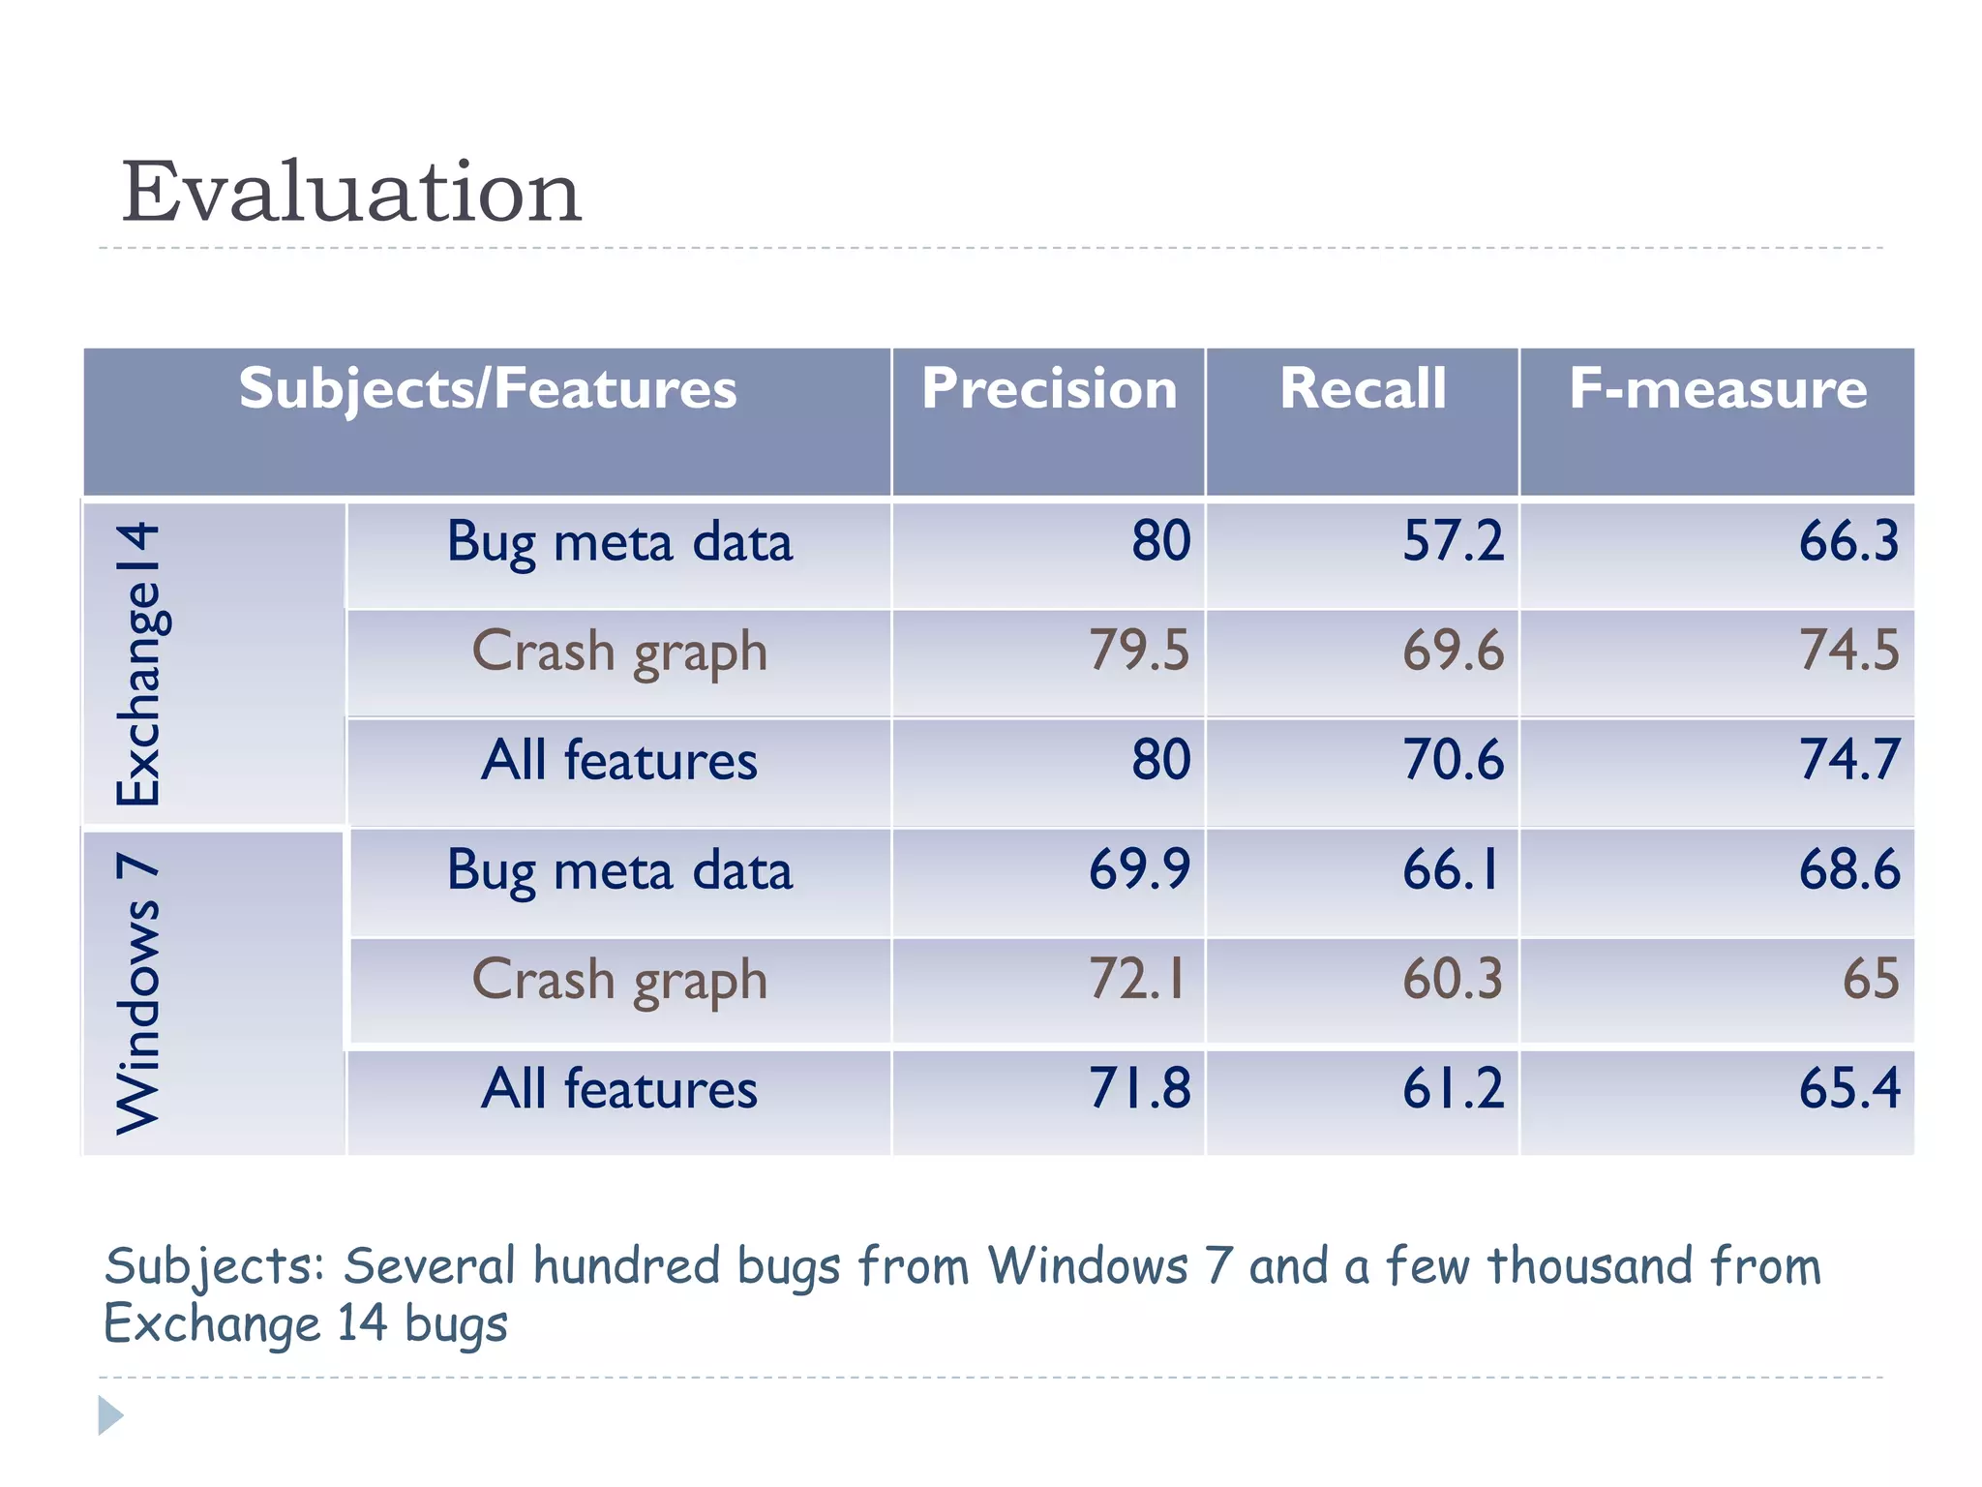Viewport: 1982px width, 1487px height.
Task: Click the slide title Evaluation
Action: pyautogui.click(x=350, y=192)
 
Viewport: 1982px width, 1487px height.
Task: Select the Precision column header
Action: pyautogui.click(x=1049, y=389)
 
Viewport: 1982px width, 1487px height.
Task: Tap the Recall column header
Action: pyautogui.click(x=1363, y=389)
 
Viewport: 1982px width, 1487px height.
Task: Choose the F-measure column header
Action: pyautogui.click(x=1718, y=389)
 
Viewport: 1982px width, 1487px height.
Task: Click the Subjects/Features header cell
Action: pyautogui.click(x=488, y=389)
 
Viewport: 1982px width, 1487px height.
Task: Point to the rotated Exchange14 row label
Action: pyautogui.click(x=138, y=664)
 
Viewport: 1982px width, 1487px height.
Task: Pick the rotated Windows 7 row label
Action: pyautogui.click(x=138, y=993)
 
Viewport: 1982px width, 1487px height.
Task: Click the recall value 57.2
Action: pyautogui.click(x=1453, y=541)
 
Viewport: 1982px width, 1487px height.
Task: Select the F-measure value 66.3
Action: pyautogui.click(x=1848, y=541)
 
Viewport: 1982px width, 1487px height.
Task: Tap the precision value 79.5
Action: pyautogui.click(x=1139, y=650)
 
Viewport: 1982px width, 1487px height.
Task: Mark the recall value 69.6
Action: pyautogui.click(x=1453, y=650)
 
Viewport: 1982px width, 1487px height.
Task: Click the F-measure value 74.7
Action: pyautogui.click(x=1848, y=759)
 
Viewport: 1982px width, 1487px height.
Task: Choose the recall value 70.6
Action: pyautogui.click(x=1453, y=759)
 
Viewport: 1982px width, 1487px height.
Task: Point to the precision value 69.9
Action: pyautogui.click(x=1139, y=868)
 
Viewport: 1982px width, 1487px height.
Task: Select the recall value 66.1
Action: pyautogui.click(x=1451, y=868)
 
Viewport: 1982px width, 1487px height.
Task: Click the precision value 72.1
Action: pyautogui.click(x=1137, y=979)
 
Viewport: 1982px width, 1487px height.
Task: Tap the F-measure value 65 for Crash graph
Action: pyautogui.click(x=1870, y=979)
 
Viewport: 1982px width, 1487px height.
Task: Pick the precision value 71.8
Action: pyautogui.click(x=1139, y=1088)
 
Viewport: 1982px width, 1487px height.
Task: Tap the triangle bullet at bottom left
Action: pyautogui.click(x=110, y=1415)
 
